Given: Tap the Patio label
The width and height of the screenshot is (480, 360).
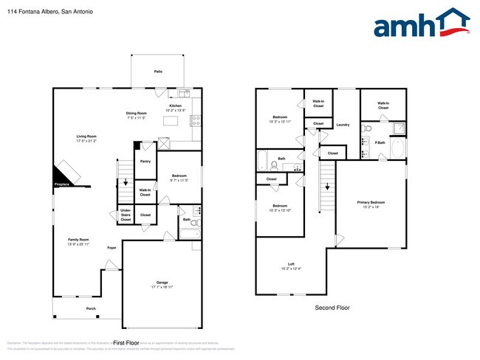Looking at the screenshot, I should (x=158, y=72).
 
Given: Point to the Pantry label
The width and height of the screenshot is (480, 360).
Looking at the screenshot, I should (x=145, y=161).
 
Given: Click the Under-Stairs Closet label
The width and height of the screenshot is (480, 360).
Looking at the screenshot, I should (x=126, y=215).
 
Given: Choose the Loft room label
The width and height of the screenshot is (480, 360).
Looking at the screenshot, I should (x=291, y=266).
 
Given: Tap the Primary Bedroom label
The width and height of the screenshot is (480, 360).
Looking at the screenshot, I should (x=371, y=204).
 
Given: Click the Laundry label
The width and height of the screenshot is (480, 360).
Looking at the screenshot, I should (x=343, y=125).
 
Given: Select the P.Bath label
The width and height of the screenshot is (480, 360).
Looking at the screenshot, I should (x=380, y=143).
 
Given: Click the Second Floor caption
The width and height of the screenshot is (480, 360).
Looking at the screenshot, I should (x=331, y=308).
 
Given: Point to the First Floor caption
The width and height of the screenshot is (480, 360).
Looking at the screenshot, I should (x=126, y=343).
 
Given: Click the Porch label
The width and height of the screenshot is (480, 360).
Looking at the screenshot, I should (x=92, y=308).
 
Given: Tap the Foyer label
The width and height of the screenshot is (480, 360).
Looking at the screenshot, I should (x=112, y=247).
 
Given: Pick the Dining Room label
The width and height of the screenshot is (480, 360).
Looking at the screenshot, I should (x=137, y=114).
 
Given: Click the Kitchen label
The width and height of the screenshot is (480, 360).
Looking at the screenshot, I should (x=175, y=106).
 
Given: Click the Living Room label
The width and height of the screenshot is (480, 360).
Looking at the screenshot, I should (x=86, y=137).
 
